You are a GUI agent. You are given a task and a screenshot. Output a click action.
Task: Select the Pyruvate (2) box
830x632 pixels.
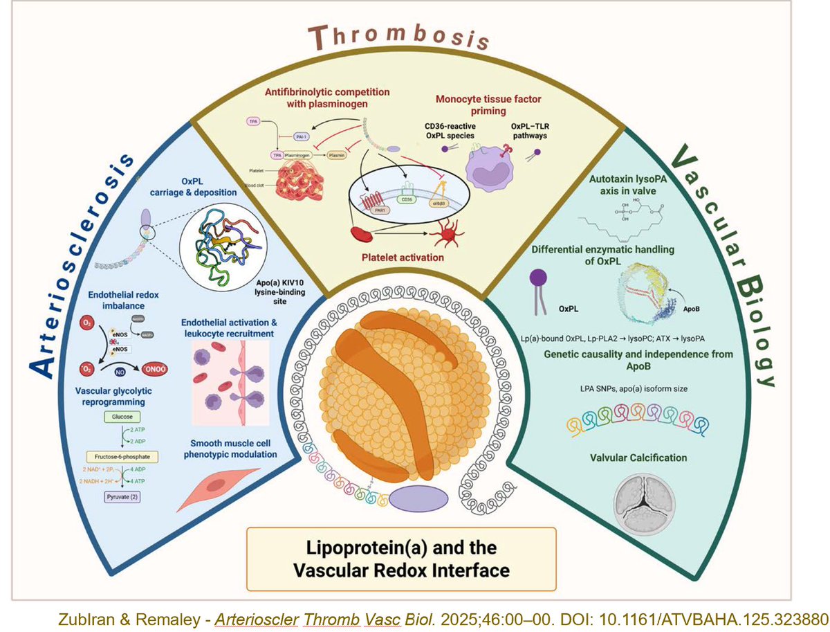pos(122,496)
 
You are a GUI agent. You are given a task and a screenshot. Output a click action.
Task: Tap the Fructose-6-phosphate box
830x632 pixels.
pos(122,457)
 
